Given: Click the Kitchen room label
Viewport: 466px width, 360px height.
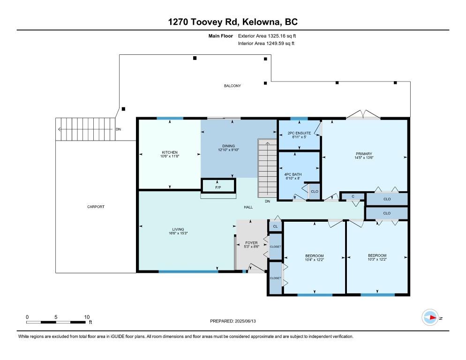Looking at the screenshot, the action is pyautogui.click(x=169, y=152).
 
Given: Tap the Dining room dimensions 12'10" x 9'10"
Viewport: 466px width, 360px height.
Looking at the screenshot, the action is pyautogui.click(x=228, y=150).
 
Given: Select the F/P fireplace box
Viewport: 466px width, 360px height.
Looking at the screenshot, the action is pyautogui.click(x=218, y=186).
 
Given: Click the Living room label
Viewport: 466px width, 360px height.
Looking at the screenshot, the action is pyautogui.click(x=178, y=229).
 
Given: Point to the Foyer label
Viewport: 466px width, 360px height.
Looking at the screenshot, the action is pyautogui.click(x=251, y=242).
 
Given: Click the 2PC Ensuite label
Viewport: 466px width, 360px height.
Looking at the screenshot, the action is pyautogui.click(x=299, y=133).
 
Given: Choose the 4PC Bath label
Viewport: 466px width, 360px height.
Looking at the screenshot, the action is pyautogui.click(x=293, y=174).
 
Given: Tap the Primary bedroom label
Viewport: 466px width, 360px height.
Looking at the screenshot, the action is pyautogui.click(x=364, y=154).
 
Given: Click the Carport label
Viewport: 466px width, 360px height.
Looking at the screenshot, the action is pyautogui.click(x=96, y=207).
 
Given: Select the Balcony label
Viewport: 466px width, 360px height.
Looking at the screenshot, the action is pyautogui.click(x=233, y=86).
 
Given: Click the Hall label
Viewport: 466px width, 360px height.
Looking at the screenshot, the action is pyautogui.click(x=248, y=207).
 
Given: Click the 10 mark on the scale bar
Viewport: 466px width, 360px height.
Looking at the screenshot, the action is pyautogui.click(x=87, y=317).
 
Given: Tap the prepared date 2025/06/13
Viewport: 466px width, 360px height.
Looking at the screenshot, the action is pyautogui.click(x=245, y=321).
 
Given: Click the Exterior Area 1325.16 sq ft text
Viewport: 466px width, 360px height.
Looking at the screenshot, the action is pyautogui.click(x=267, y=36).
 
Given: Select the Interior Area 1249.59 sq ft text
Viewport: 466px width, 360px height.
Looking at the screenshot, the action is pyautogui.click(x=266, y=44).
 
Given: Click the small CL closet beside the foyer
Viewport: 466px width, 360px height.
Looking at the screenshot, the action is pyautogui.click(x=275, y=226).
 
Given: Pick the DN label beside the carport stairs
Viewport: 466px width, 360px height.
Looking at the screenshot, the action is pyautogui.click(x=118, y=129).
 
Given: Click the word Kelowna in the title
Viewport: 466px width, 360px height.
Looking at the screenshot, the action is pyautogui.click(x=261, y=22).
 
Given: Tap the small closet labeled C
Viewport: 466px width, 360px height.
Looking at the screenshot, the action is pyautogui.click(x=353, y=196).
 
